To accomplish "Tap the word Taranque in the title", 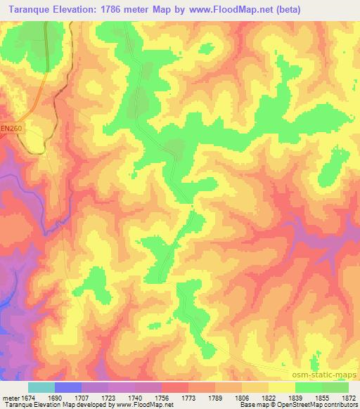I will pyautogui.click(x=30, y=10).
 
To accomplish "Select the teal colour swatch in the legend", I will pyautogui.click(x=41, y=387).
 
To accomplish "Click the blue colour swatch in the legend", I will pyautogui.click(x=68, y=387).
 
